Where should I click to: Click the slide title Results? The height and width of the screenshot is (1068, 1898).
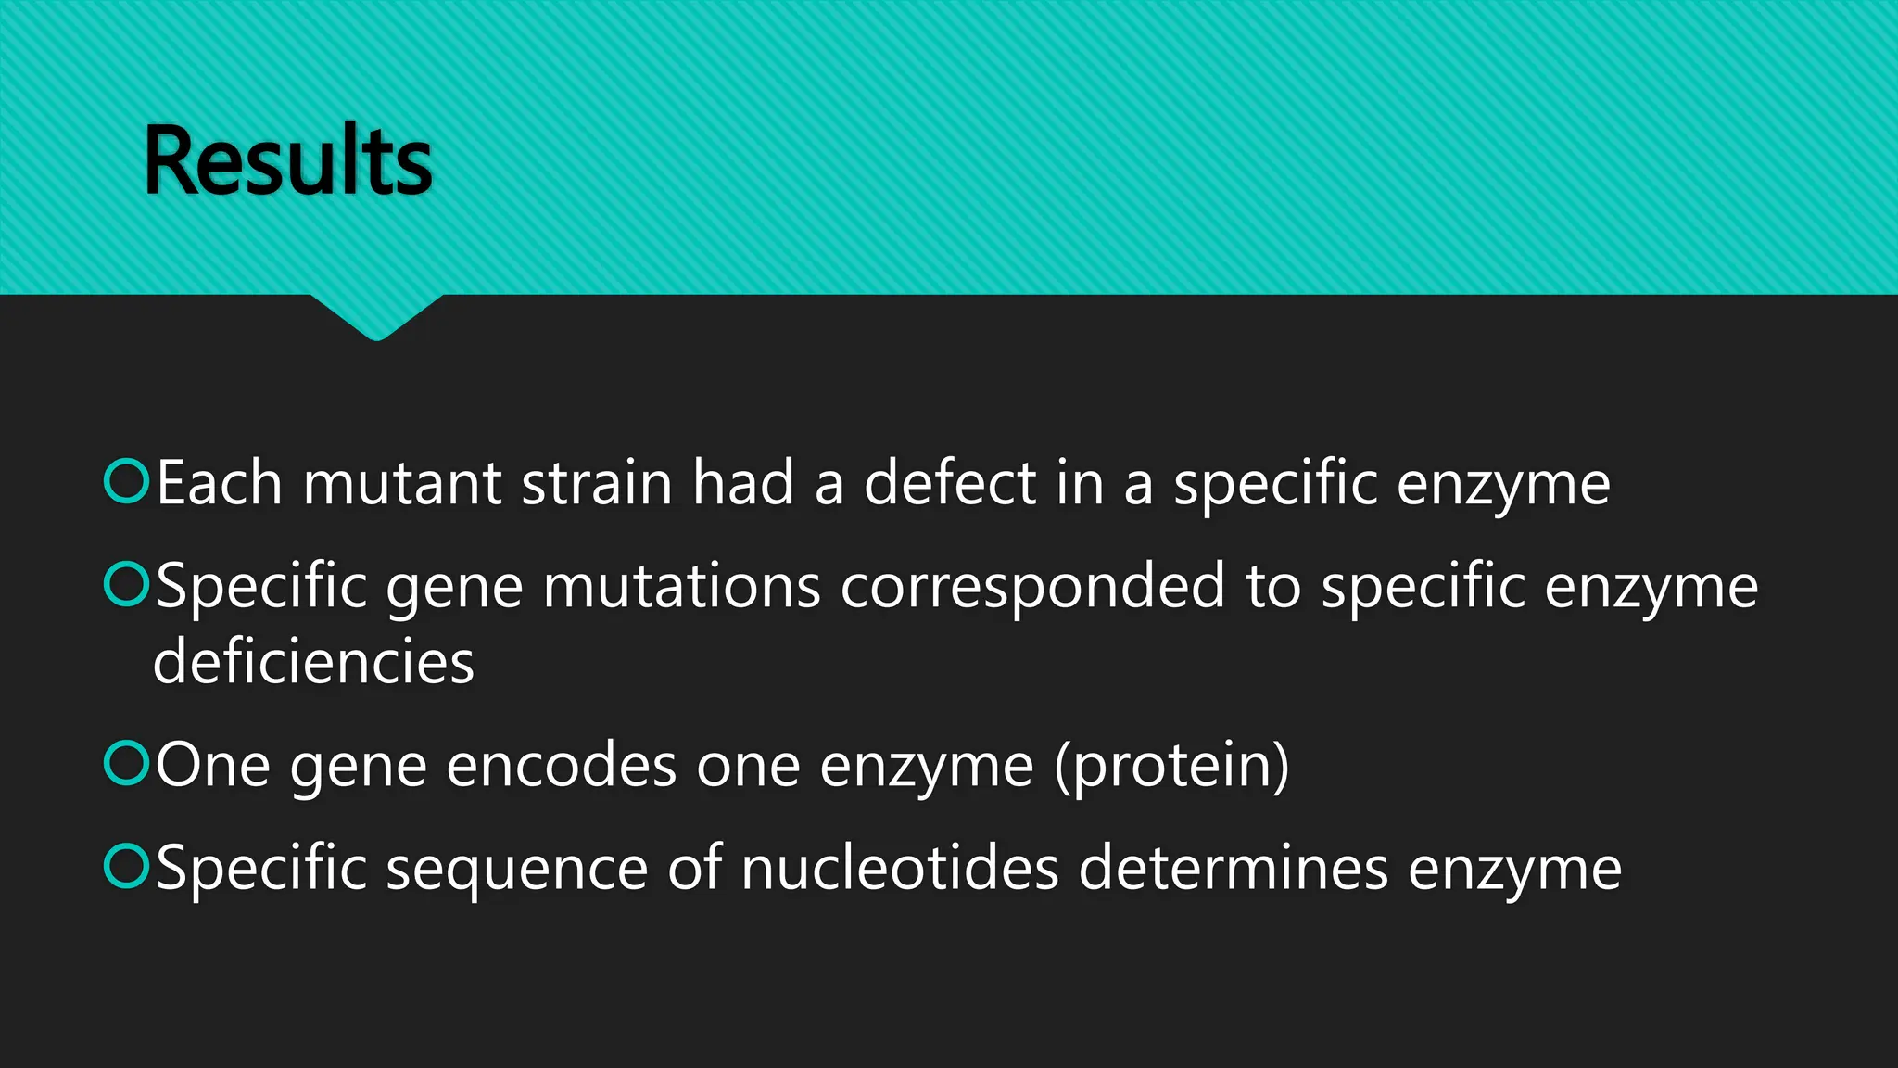287,161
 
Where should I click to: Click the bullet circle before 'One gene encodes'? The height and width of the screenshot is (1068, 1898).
126,763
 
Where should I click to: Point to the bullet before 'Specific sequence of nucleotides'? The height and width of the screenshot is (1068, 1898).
126,866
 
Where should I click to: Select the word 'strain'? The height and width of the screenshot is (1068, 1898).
596,484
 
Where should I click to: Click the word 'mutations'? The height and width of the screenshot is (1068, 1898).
681,587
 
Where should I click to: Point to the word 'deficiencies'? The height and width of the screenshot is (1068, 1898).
313,662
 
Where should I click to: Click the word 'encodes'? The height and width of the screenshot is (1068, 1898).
561,767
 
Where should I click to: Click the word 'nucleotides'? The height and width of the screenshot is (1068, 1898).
899,870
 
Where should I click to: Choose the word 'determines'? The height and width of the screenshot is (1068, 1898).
1233,870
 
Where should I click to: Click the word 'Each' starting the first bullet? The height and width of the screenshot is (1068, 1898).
219,484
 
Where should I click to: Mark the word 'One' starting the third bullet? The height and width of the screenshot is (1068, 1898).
213,767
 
